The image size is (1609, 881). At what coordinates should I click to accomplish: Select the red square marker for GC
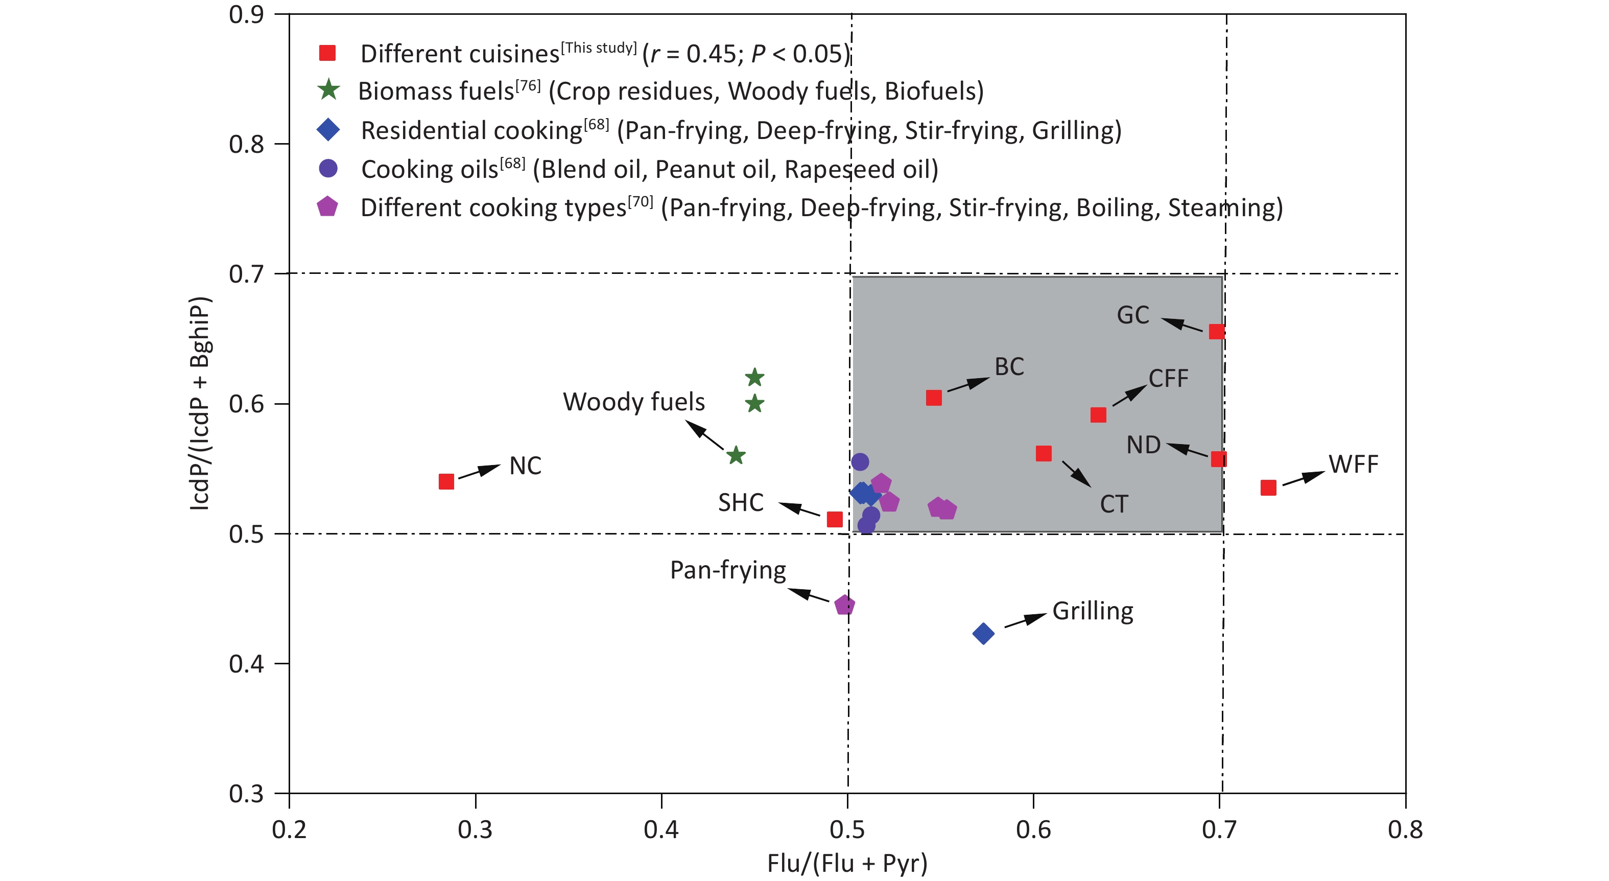click(1216, 331)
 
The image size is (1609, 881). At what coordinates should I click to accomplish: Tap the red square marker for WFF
click(1268, 488)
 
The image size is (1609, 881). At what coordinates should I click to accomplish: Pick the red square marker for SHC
click(835, 519)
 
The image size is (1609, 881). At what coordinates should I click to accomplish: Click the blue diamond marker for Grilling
click(983, 634)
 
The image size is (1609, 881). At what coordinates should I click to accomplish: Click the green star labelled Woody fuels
click(736, 455)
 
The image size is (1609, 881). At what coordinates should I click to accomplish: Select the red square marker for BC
click(934, 398)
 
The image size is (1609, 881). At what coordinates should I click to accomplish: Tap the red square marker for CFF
click(1098, 415)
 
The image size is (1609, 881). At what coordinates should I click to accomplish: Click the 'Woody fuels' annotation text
click(633, 402)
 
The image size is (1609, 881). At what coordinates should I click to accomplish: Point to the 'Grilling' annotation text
click(1093, 611)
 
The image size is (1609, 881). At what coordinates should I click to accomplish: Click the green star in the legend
click(328, 90)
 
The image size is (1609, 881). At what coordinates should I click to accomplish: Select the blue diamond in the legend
click(328, 129)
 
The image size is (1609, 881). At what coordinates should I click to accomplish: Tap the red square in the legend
click(327, 53)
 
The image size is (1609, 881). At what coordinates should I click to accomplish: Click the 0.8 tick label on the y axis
click(246, 144)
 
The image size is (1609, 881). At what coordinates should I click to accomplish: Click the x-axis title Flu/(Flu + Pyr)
click(847, 864)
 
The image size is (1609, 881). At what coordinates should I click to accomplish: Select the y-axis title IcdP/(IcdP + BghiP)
click(200, 403)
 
